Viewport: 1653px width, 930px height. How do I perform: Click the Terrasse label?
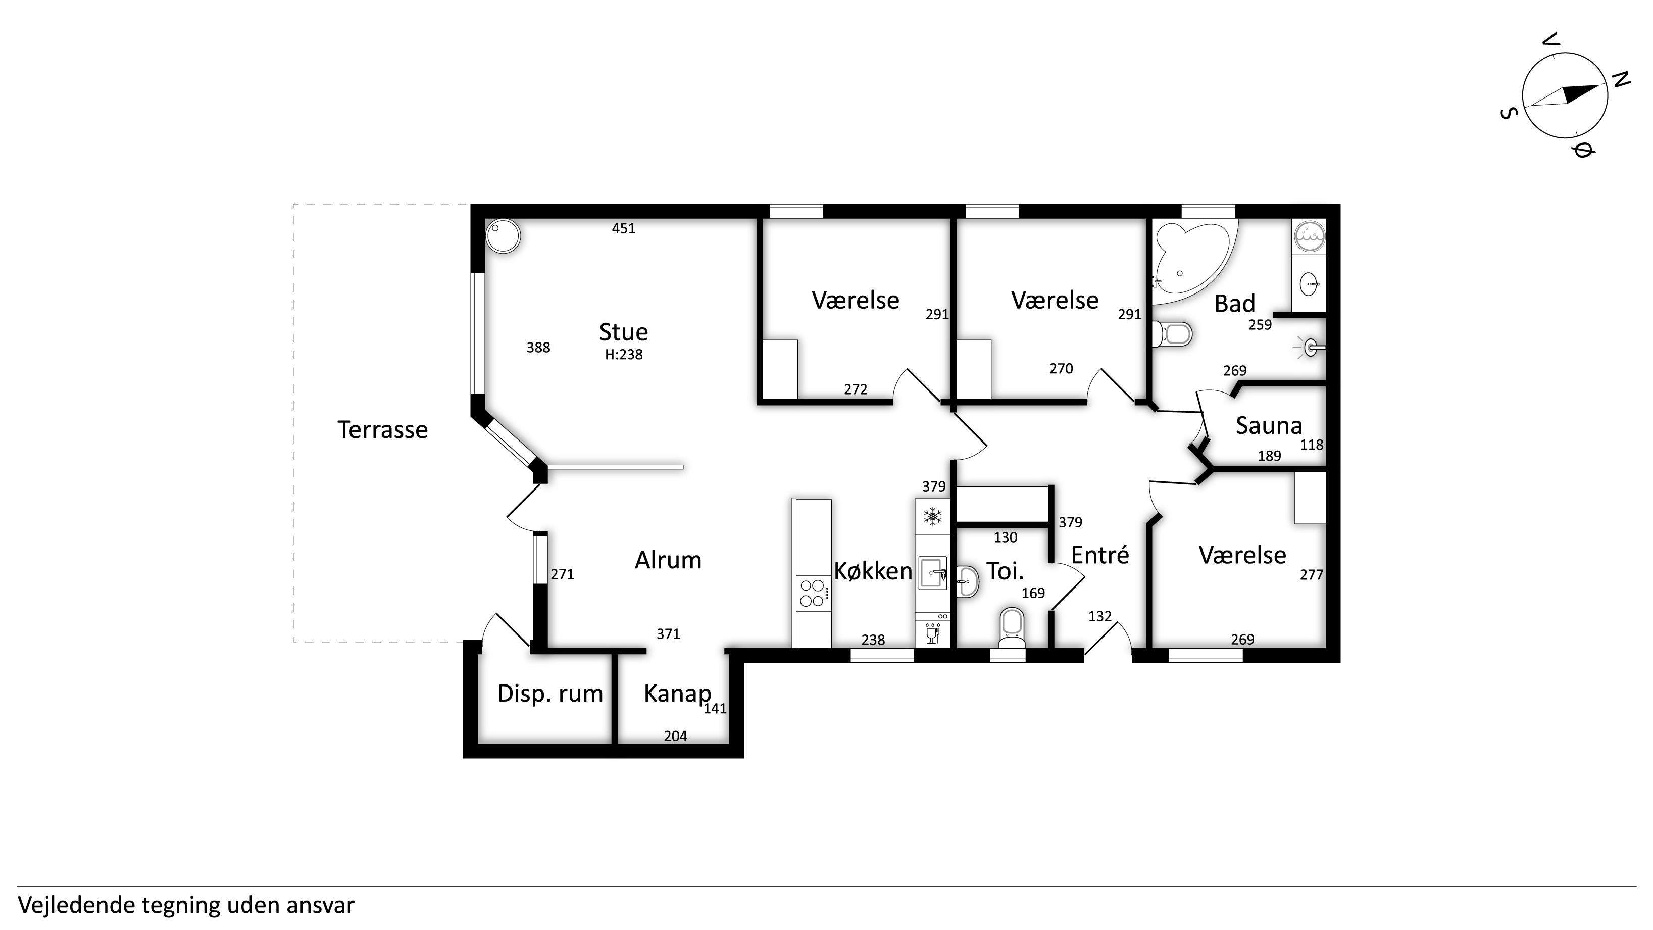[382, 429]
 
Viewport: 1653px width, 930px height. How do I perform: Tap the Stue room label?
[623, 332]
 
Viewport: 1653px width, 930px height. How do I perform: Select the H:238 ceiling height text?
[624, 354]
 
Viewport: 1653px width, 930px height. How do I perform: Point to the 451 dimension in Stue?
[624, 228]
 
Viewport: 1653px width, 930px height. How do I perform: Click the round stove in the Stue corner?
[503, 236]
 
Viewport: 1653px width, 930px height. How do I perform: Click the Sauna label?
[1269, 425]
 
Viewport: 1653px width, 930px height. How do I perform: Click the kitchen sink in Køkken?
[932, 573]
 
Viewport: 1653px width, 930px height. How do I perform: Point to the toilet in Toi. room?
[1012, 627]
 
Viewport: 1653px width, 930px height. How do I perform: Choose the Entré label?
[1100, 555]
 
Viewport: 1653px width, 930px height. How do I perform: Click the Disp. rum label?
[550, 694]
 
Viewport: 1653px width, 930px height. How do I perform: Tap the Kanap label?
[677, 694]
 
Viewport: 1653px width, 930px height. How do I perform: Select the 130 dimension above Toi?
[1006, 537]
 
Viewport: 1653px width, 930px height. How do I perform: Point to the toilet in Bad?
[1172, 334]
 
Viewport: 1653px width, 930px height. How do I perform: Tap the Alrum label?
[668, 560]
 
